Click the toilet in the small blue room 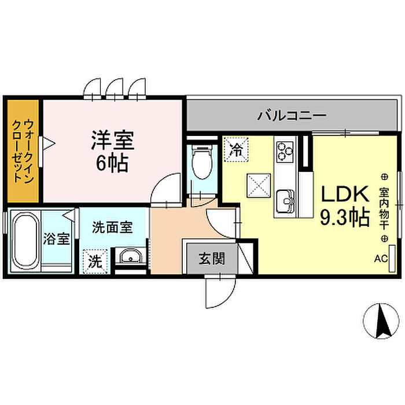click(x=203, y=161)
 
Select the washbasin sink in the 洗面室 click(x=130, y=256)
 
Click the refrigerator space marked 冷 click(x=236, y=149)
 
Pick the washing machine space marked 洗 click(x=95, y=262)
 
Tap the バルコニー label click(x=292, y=116)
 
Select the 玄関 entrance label click(x=212, y=259)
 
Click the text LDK click(x=345, y=194)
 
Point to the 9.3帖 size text click(x=345, y=218)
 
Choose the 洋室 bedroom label click(x=113, y=141)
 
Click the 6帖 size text click(x=112, y=163)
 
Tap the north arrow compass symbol click(x=381, y=321)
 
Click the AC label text click(x=381, y=259)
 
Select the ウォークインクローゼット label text click(x=23, y=150)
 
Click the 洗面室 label click(x=112, y=227)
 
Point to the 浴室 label click(x=56, y=239)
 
